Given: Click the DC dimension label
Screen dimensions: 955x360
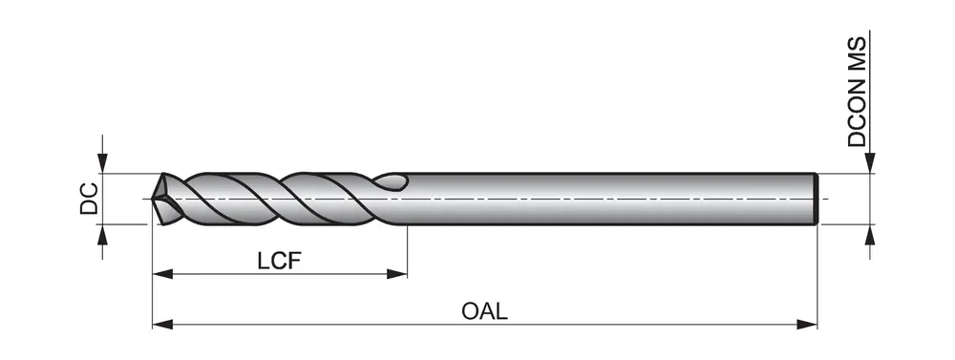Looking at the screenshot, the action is (90, 199).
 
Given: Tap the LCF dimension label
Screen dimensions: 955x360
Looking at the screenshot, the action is (280, 261).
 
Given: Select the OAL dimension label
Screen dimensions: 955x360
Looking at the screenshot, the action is (484, 311).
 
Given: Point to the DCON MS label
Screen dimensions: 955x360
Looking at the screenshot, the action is (857, 92).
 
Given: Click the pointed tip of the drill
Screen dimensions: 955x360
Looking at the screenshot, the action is (152, 199).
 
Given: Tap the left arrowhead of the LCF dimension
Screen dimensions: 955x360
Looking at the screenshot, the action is (162, 274).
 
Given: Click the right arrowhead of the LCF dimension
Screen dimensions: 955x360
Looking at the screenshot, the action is (396, 274).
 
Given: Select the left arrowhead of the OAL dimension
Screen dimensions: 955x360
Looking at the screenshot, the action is (162, 325).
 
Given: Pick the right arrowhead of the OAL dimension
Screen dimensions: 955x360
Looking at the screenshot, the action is (806, 325).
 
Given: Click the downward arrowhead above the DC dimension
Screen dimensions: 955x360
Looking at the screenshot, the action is (102, 163).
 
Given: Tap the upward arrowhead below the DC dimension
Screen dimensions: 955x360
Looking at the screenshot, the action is (102, 235).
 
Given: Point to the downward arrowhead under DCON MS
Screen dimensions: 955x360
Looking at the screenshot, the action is (870, 163).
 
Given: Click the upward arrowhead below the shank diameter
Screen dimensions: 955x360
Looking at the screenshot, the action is (870, 235).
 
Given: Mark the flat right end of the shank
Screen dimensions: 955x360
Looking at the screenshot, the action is (816, 200).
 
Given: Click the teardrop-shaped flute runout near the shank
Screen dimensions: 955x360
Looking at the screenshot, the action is (391, 181).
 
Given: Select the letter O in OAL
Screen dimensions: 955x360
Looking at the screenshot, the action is (470, 311).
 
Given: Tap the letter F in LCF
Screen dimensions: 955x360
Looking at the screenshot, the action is (295, 261).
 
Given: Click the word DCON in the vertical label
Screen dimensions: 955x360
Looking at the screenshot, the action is (857, 116).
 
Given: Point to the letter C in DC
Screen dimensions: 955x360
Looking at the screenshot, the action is (90, 190).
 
